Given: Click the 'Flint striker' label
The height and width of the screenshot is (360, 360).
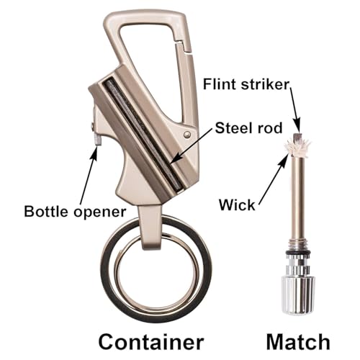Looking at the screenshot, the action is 246,84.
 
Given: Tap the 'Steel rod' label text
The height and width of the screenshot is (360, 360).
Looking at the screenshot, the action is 248,127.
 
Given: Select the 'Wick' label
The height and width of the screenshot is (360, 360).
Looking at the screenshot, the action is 237,204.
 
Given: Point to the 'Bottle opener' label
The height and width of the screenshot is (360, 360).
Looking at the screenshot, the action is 75,212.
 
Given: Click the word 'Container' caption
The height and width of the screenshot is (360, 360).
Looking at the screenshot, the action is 151,342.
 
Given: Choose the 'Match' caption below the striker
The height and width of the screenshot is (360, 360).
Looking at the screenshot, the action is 298,342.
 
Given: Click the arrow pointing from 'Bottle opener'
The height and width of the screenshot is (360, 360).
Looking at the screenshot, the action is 89,175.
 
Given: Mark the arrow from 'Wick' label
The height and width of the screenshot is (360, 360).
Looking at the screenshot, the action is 274,179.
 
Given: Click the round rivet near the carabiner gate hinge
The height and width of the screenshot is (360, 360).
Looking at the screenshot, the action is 187,135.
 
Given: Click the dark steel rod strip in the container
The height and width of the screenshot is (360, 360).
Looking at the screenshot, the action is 143,135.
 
